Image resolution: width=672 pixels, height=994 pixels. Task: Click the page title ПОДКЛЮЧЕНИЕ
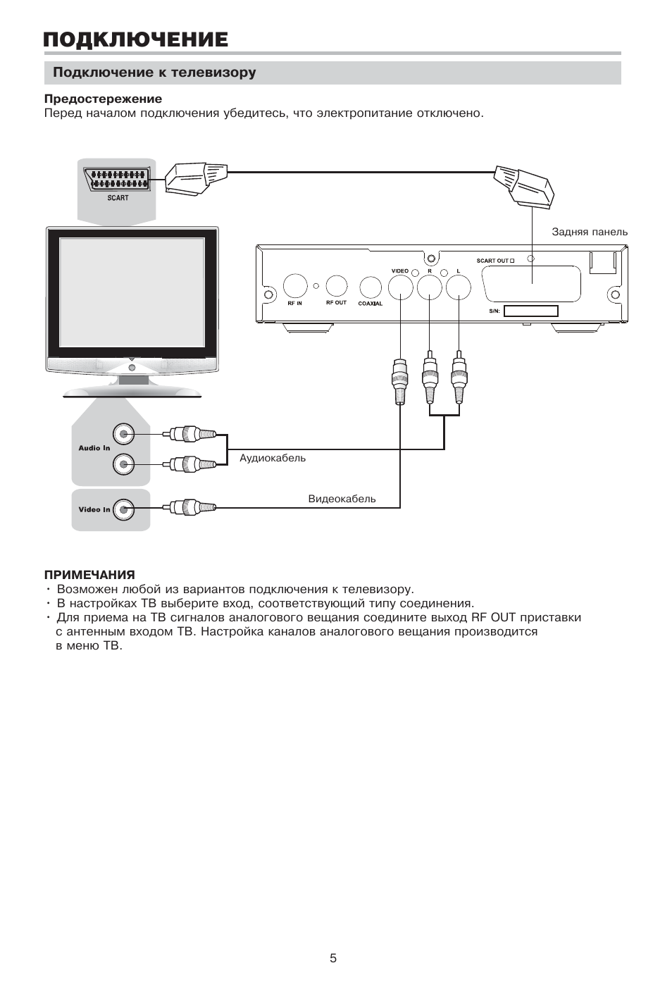coord(135,39)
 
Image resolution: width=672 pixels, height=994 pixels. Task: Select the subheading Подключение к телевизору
coord(154,73)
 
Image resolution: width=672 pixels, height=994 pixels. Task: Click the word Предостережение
coord(103,99)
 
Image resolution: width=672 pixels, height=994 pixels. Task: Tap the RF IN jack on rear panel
coord(295,286)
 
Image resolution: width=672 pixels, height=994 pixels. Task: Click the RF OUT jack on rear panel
coord(337,285)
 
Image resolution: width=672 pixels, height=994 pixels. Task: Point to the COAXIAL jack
coord(371,287)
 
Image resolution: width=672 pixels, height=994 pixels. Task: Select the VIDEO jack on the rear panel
coord(400,286)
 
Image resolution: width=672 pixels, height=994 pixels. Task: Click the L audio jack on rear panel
coord(459,287)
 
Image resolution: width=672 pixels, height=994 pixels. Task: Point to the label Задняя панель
coord(590,232)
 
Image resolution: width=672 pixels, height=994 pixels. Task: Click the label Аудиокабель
coord(273,458)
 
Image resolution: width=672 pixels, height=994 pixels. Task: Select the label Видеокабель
coord(342,499)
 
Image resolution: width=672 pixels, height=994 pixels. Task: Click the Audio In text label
coord(94,448)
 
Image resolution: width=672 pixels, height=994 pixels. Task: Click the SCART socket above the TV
coord(117,179)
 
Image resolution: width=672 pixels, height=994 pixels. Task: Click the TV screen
coord(132,292)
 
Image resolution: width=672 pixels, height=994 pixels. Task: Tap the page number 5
coord(333,958)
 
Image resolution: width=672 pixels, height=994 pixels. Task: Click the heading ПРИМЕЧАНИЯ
coord(89,575)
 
